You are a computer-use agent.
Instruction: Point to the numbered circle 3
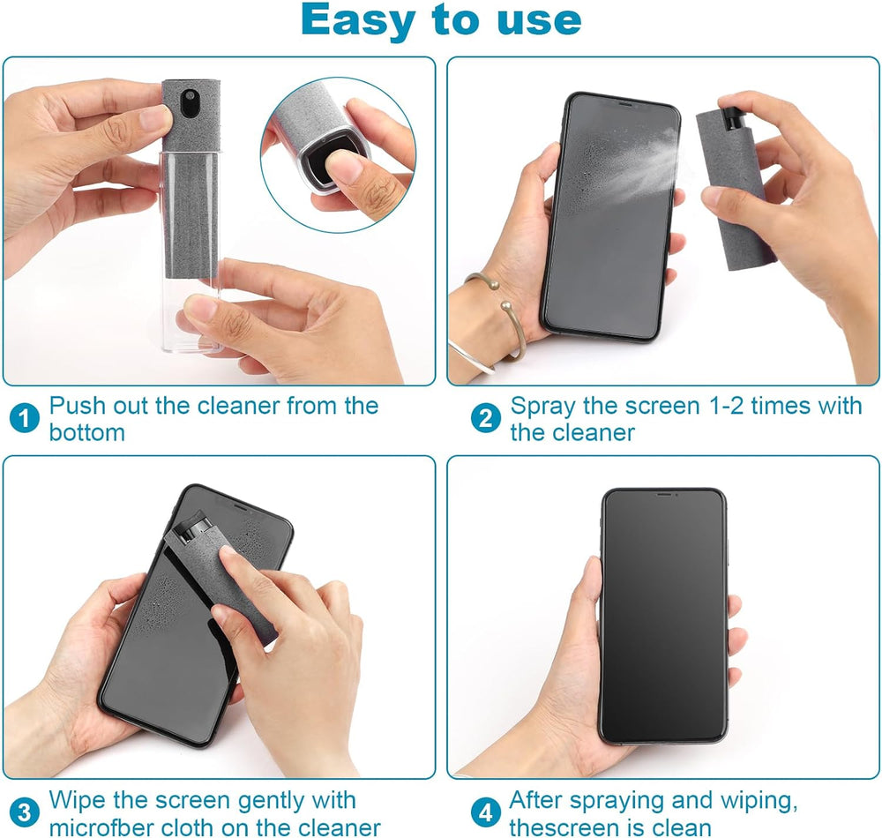click(25, 812)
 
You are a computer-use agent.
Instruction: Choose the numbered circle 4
click(485, 812)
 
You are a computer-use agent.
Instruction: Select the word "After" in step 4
click(539, 801)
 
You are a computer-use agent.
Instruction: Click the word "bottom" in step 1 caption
click(87, 433)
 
